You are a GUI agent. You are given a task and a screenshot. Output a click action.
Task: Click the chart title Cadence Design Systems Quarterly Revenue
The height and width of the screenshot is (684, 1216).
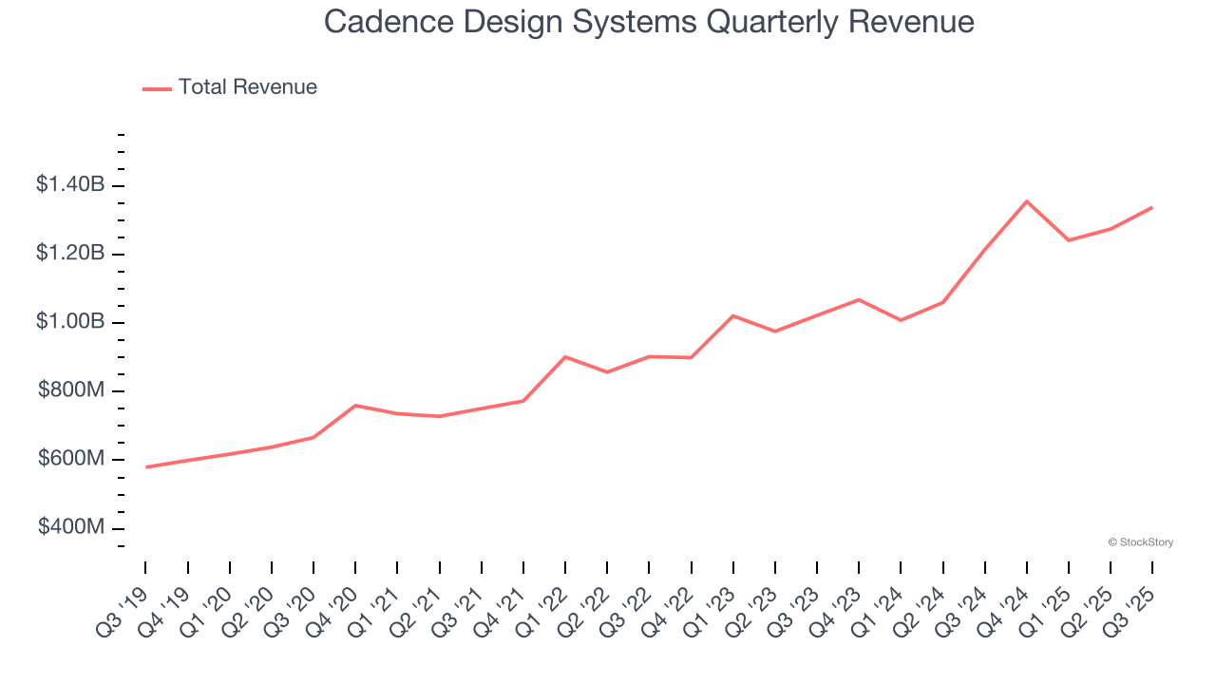pyautogui.click(x=649, y=21)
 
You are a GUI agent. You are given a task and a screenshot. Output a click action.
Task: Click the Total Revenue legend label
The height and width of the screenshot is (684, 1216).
pyautogui.click(x=247, y=87)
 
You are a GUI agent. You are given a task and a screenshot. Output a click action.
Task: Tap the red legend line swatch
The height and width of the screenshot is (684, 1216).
pyautogui.click(x=157, y=88)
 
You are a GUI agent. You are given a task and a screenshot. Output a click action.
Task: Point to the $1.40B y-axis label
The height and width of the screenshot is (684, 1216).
pyautogui.click(x=70, y=185)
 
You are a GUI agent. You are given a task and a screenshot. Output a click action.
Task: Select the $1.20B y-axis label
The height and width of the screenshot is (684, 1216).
pyautogui.click(x=70, y=254)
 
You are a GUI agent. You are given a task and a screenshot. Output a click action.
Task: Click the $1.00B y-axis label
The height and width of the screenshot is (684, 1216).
pyautogui.click(x=70, y=322)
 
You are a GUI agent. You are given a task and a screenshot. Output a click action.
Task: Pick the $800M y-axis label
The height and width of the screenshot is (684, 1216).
pyautogui.click(x=71, y=390)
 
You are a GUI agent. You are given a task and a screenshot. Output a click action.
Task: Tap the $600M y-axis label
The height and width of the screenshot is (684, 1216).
pyautogui.click(x=71, y=459)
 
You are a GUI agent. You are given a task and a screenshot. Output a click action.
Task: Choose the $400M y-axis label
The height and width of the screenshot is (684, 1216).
pyautogui.click(x=71, y=527)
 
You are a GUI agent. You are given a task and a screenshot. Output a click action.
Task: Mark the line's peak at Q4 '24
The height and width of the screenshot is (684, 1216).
pyautogui.click(x=1027, y=201)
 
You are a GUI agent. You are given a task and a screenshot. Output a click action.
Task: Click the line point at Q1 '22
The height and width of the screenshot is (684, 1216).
pyautogui.click(x=565, y=357)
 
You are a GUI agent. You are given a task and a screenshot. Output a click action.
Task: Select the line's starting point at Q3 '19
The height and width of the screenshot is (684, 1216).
pyautogui.click(x=146, y=467)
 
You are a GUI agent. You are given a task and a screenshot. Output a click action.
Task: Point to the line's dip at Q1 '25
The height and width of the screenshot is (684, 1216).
pyautogui.click(x=1069, y=240)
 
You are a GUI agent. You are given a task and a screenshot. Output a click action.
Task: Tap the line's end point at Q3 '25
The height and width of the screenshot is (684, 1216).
pyautogui.click(x=1152, y=207)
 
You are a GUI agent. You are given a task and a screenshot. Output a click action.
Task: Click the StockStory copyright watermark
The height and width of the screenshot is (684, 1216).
pyautogui.click(x=1140, y=542)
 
